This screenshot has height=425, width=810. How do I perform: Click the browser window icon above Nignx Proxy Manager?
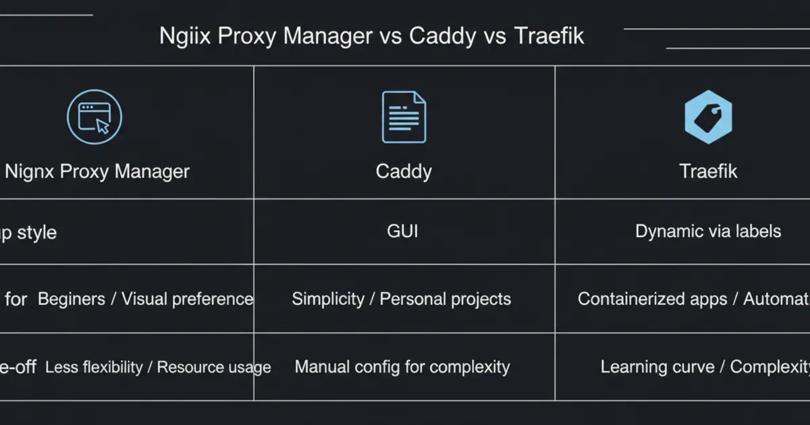pyautogui.click(x=94, y=117)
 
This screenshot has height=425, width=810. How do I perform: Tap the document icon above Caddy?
pyautogui.click(x=404, y=117)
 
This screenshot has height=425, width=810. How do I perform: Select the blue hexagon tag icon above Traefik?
pyautogui.click(x=708, y=117)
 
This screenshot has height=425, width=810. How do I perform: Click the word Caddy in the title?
pyautogui.click(x=442, y=36)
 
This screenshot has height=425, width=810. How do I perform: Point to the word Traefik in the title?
pyautogui.click(x=549, y=36)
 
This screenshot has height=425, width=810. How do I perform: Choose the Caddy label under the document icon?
pyautogui.click(x=404, y=171)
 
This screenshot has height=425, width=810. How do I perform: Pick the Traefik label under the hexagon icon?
pyautogui.click(x=708, y=171)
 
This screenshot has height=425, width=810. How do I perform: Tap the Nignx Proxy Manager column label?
pyautogui.click(x=97, y=171)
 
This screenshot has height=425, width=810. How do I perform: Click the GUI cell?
pyautogui.click(x=402, y=231)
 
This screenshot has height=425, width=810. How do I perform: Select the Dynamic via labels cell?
pyautogui.click(x=708, y=231)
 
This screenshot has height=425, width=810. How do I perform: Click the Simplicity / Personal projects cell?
pyautogui.click(x=401, y=299)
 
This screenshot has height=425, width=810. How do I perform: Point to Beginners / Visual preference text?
pyautogui.click(x=145, y=299)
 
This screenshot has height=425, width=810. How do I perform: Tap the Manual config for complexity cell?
pyautogui.click(x=402, y=367)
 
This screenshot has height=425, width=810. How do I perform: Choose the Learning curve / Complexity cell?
pyautogui.click(x=705, y=367)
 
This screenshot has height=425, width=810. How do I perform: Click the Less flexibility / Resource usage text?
pyautogui.click(x=158, y=367)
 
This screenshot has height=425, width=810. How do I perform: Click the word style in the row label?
pyautogui.click(x=37, y=233)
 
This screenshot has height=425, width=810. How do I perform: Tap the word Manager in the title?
pyautogui.click(x=327, y=36)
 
